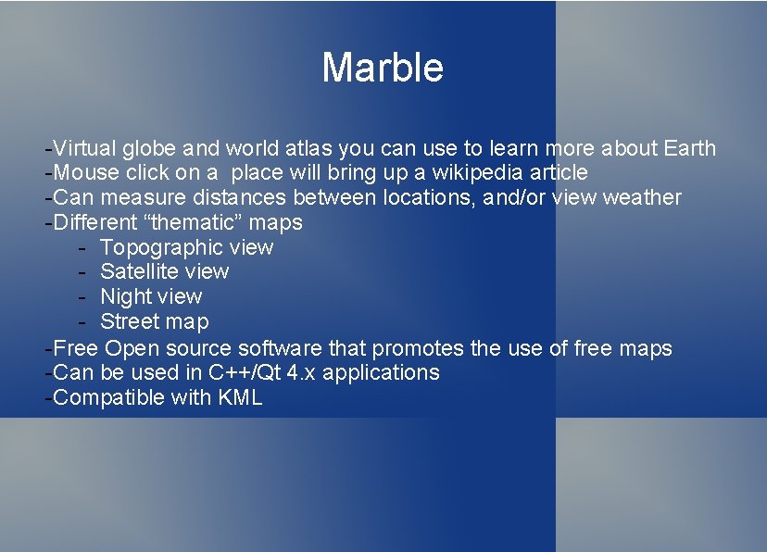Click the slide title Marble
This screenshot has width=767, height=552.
383,68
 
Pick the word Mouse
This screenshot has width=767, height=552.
85,173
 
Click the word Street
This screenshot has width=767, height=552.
129,321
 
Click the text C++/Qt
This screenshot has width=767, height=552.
244,372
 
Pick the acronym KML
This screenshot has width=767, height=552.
242,397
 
